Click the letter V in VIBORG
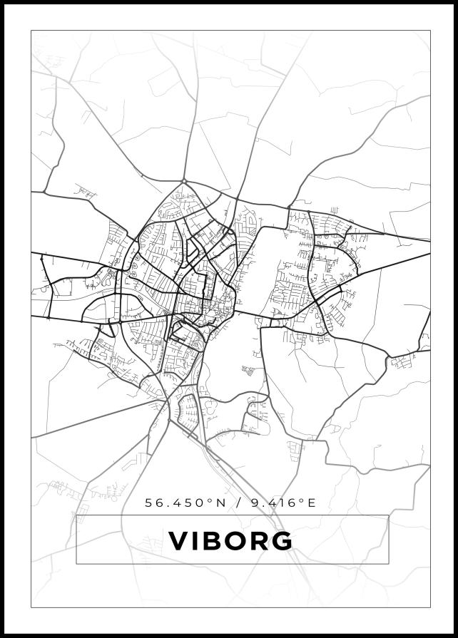pyautogui.click(x=178, y=540)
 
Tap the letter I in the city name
pyautogui.click(x=194, y=540)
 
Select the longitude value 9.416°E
pyautogui.click(x=282, y=503)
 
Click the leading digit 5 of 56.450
pyautogui.click(x=149, y=503)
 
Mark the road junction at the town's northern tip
pyautogui.click(x=184, y=180)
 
